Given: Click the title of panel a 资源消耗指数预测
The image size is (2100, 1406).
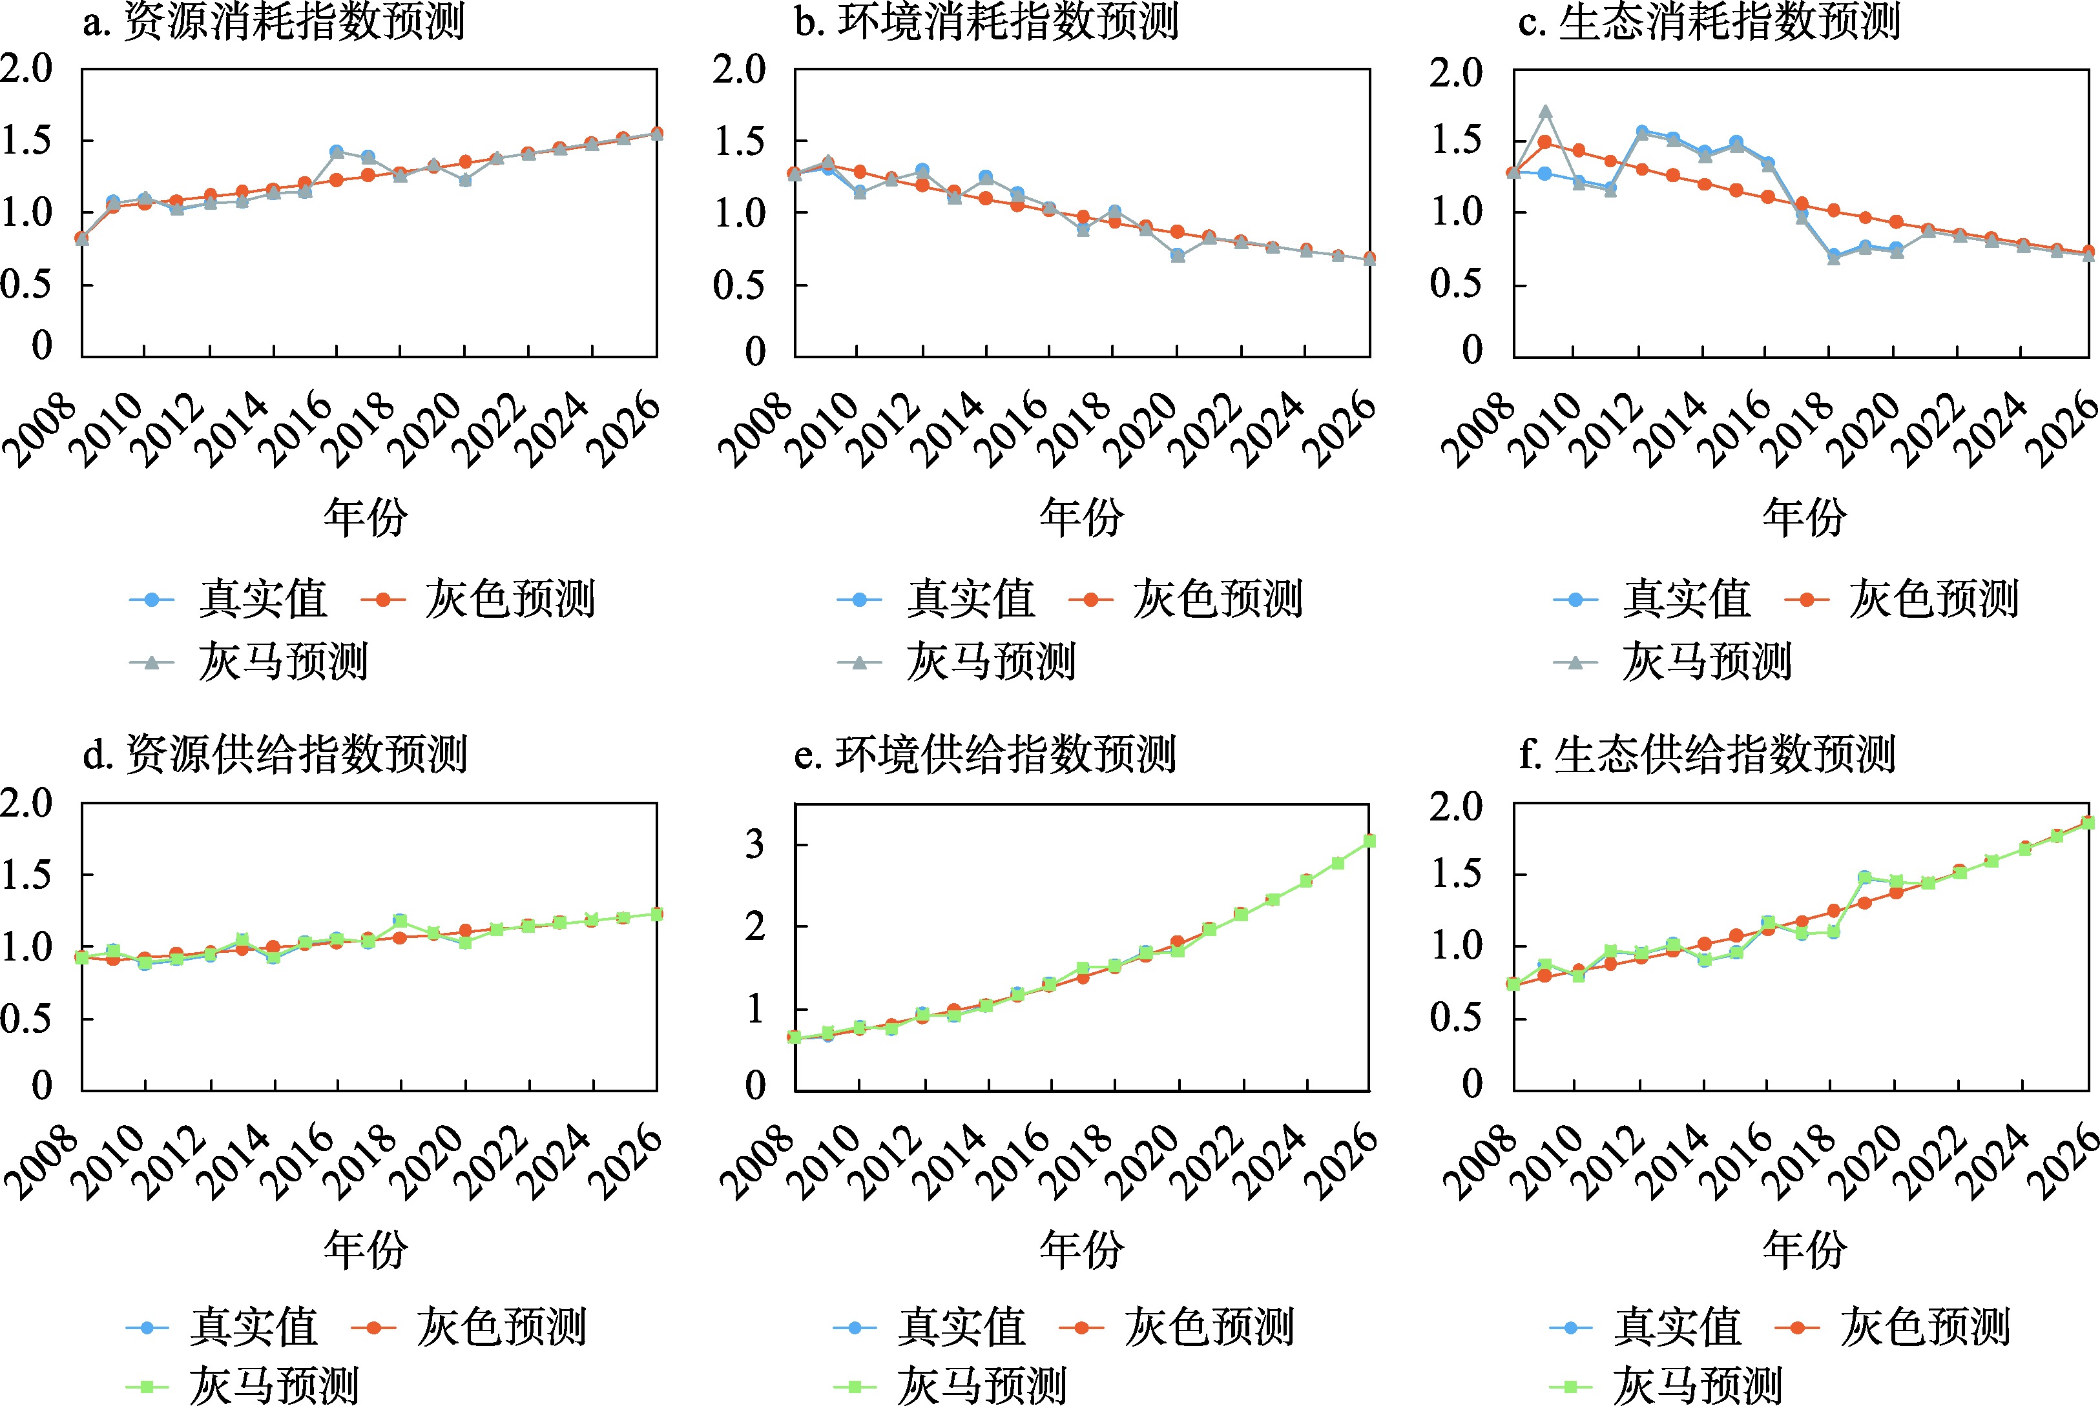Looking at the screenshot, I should [x=274, y=21].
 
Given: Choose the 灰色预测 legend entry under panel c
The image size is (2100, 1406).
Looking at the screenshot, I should [x=1902, y=599].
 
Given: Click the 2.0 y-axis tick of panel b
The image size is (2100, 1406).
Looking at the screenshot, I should [x=739, y=70].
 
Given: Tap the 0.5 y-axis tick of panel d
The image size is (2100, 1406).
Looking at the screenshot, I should [x=27, y=1018].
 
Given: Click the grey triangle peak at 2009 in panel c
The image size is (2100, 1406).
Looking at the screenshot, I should [x=1544, y=112].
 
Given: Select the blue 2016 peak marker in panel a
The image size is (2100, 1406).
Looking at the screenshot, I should [x=337, y=152].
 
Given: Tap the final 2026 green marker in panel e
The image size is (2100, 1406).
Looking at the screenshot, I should [x=1369, y=841].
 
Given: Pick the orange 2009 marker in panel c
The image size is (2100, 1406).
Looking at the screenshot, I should [x=1544, y=141].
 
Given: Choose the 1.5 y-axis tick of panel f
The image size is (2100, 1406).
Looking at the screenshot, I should [x=1456, y=874].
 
